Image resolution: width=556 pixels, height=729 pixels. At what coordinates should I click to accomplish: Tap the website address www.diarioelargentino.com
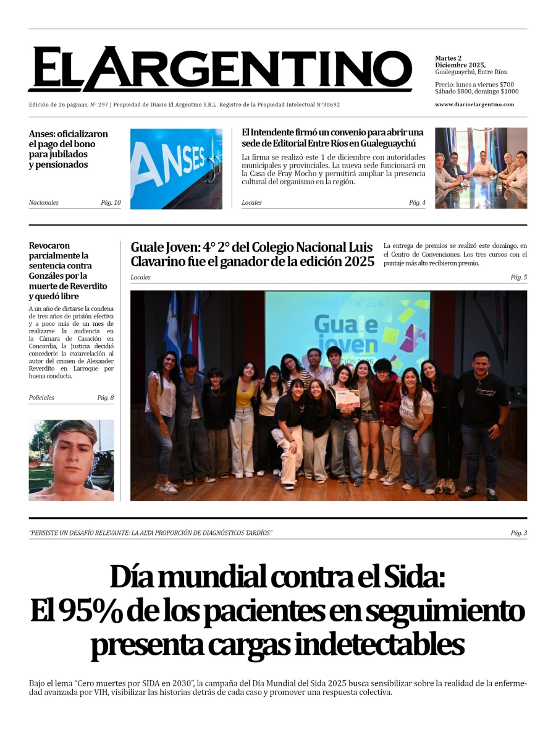(474, 104)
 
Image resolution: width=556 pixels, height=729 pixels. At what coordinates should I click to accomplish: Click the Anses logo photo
(176, 168)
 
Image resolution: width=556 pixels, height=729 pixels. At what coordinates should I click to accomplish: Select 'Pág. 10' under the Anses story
(111, 203)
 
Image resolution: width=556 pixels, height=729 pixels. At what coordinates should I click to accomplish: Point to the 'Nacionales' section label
(43, 203)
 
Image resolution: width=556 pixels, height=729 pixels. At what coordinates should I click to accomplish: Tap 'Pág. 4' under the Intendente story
(416, 203)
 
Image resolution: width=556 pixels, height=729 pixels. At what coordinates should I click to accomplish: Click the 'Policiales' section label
(41, 398)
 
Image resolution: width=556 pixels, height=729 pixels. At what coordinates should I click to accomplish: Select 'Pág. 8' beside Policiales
(105, 398)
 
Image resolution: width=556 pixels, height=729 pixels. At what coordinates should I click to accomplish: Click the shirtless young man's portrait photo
(71, 460)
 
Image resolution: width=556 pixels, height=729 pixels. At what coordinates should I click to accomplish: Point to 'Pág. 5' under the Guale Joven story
(518, 277)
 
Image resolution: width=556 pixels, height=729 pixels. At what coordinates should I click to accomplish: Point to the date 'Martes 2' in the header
(448, 58)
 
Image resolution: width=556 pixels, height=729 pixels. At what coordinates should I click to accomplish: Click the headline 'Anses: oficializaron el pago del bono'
(68, 139)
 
